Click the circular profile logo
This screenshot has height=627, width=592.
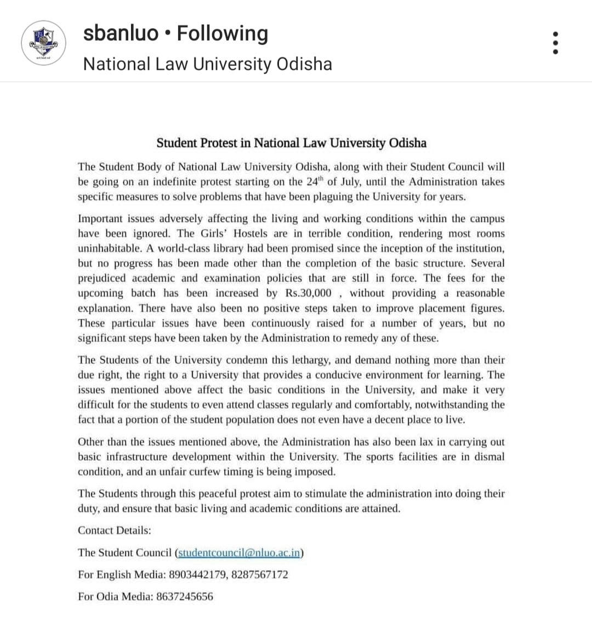pyautogui.click(x=43, y=43)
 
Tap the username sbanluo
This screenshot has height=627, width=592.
pyautogui.click(x=121, y=33)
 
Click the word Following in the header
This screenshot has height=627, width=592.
pyautogui.click(x=223, y=33)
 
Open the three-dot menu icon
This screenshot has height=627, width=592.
pyautogui.click(x=556, y=42)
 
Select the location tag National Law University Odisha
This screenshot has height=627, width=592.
pyautogui.click(x=207, y=64)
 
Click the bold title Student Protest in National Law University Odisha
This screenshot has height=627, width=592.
pyautogui.click(x=291, y=143)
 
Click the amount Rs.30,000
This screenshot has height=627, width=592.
pyautogui.click(x=306, y=293)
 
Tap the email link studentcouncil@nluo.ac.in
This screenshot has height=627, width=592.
pyautogui.click(x=239, y=552)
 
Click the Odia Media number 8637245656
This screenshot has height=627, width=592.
pyautogui.click(x=184, y=596)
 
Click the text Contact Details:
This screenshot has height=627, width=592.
pyautogui.click(x=115, y=530)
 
